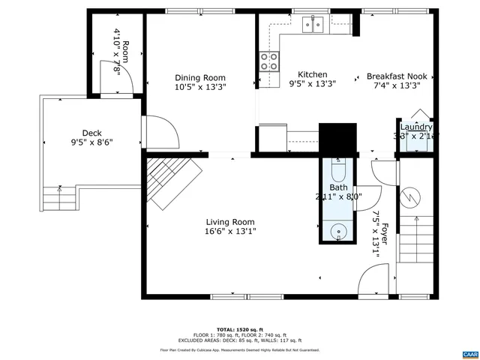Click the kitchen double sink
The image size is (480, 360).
coord(314,25)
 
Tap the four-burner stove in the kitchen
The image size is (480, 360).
coord(269,61)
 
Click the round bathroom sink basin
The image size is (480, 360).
coord(339,231)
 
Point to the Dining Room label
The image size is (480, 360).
coord(200,77)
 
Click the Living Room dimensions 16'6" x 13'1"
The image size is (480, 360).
coord(231,232)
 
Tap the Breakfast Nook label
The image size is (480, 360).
coord(397,76)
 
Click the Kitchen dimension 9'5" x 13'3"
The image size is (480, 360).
coord(312,84)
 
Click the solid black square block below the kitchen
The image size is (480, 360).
coord(337,138)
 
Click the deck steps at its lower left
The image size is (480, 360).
coord(58,199)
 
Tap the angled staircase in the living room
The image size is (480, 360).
coord(172,181)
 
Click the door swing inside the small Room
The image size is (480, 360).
coord(126,78)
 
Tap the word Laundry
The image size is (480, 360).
coord(415,127)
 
